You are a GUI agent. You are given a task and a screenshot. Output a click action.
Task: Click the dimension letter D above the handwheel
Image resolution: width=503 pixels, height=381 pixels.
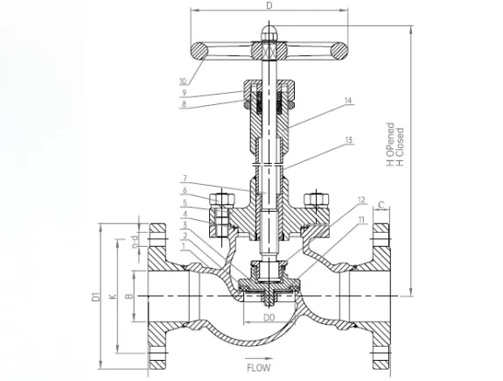269,6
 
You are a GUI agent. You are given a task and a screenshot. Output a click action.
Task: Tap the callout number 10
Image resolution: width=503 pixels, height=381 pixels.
183,81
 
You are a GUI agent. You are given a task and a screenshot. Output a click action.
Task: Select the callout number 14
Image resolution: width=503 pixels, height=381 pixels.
348,100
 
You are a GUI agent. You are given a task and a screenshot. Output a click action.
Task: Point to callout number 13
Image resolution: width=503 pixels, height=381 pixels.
349,140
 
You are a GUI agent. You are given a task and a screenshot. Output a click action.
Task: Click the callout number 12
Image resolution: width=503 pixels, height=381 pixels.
361,201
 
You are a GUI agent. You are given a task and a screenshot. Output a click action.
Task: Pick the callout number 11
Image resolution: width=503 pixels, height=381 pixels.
361,220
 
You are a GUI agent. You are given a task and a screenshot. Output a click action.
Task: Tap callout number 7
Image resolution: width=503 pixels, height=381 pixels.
185,179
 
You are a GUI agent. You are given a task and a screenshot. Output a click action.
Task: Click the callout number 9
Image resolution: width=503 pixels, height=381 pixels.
184,93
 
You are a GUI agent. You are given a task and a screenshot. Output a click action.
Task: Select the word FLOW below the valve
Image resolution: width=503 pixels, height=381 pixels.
259,368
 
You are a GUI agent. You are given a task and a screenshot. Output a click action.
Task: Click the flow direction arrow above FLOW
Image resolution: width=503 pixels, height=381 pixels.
259,358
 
